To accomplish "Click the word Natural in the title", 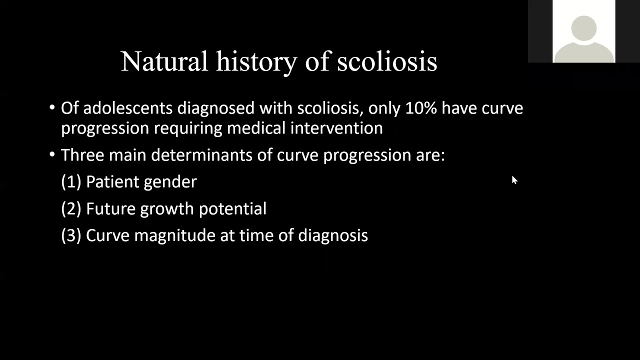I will click(164, 61).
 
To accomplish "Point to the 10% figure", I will click(421, 108).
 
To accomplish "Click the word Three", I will click(82, 155).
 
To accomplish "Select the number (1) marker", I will click(71, 182).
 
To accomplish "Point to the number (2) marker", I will click(71, 209).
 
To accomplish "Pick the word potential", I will click(232, 209).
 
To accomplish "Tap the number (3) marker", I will click(71, 235).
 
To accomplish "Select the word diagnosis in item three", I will click(333, 236).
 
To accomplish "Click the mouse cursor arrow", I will click(514, 180).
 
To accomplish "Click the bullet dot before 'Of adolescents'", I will click(52, 107).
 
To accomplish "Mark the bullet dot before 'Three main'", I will click(52, 154).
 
